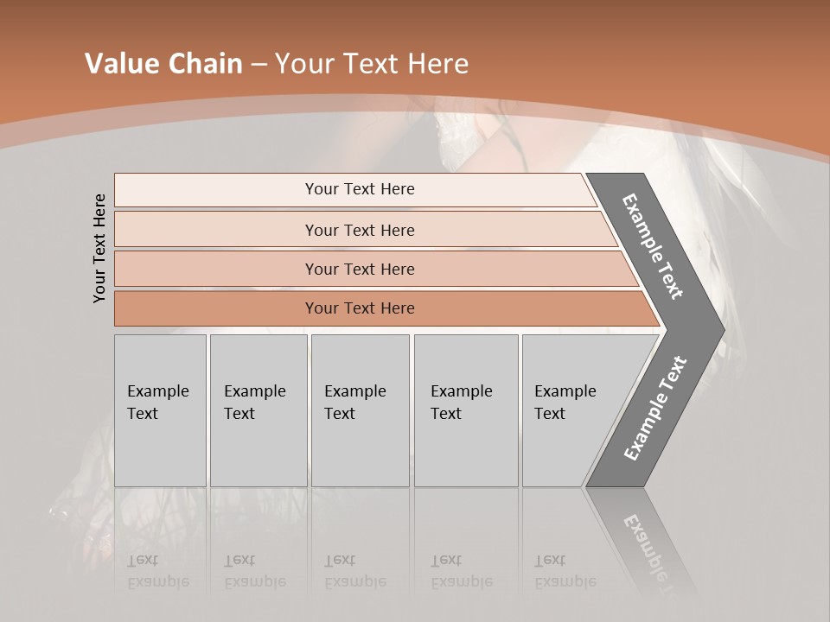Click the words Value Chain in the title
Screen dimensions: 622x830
click(x=163, y=64)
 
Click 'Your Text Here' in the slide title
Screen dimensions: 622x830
click(x=372, y=64)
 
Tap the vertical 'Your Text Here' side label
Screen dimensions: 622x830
click(x=99, y=248)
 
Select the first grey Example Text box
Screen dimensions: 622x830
click(x=160, y=410)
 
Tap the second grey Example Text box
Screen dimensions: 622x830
click(x=258, y=410)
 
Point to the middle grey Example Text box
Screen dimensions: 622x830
click(x=360, y=410)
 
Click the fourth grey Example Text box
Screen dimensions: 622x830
click(x=466, y=410)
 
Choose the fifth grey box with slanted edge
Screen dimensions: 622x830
click(x=571, y=410)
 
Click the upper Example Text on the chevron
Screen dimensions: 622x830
click(x=654, y=246)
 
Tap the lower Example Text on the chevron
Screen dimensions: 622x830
click(x=655, y=408)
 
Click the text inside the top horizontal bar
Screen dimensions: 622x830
click(x=360, y=189)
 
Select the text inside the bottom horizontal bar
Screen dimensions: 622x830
click(x=360, y=308)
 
